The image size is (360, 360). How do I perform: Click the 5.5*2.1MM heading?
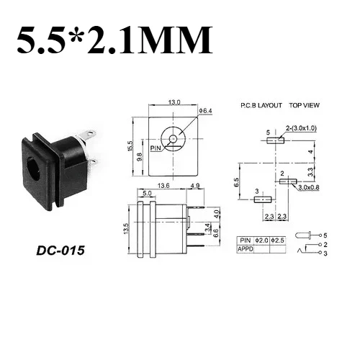(x=114, y=40)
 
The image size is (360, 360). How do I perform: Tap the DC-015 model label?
(x=60, y=251)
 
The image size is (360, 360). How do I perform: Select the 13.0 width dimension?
(x=174, y=102)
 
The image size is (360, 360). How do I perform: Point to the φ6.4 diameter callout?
(x=205, y=111)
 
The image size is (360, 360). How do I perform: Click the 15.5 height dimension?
(x=130, y=146)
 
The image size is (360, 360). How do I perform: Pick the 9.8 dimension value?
(x=140, y=157)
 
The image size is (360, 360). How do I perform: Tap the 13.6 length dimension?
(x=163, y=186)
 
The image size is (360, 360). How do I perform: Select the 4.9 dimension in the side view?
(x=195, y=186)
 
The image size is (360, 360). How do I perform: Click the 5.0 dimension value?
(x=147, y=193)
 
